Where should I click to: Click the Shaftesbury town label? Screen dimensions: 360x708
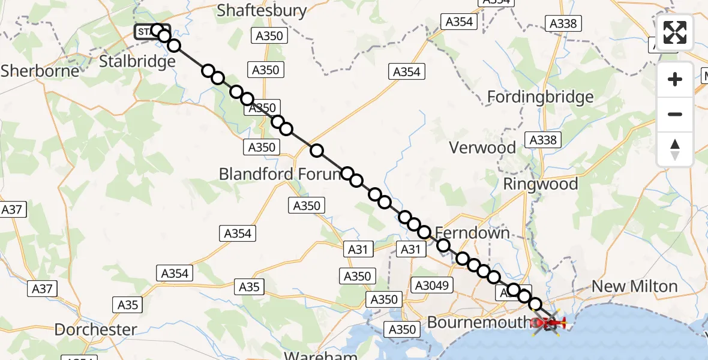point(262,10)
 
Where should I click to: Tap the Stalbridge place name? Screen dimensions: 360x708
point(137,61)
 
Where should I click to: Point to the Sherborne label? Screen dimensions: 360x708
point(40,71)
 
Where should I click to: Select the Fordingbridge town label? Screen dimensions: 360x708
point(540,97)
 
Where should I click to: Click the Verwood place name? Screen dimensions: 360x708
point(482,148)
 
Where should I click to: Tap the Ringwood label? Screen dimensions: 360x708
point(540,184)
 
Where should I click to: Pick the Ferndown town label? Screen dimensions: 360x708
point(472,233)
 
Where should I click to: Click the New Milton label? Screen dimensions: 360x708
point(635,286)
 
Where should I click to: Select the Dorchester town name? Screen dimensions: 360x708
point(95,329)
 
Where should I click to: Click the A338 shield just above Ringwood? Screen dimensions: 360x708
point(543,140)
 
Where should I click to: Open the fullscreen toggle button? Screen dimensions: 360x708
point(675,32)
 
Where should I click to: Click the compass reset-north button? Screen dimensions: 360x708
point(675,149)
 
